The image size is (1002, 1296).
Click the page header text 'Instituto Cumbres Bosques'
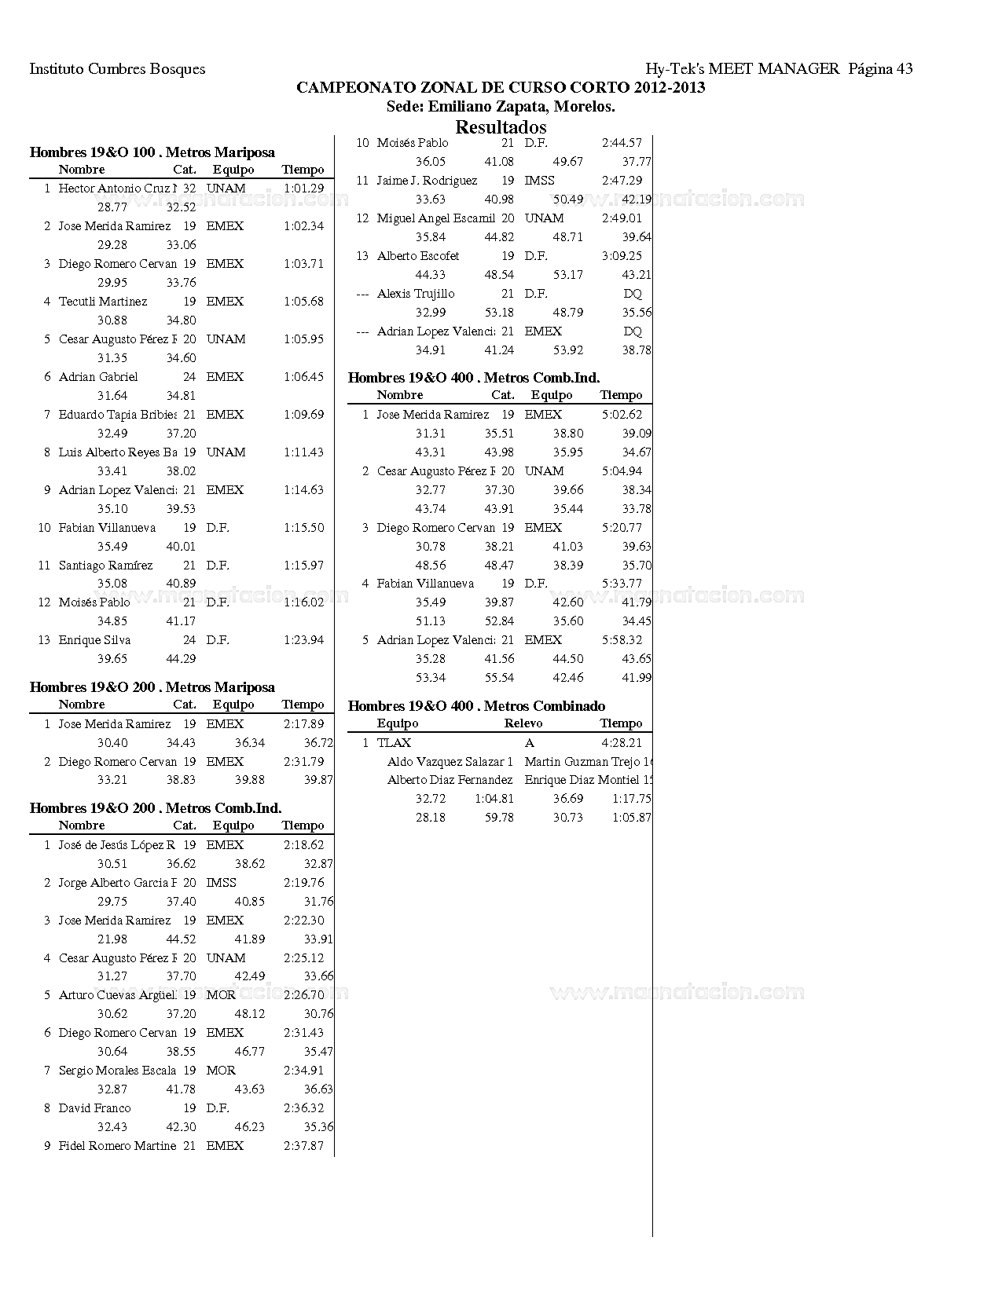117,69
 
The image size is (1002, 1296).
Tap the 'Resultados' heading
501,126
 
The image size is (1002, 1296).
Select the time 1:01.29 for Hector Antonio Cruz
303,189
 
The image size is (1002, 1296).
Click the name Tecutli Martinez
103,302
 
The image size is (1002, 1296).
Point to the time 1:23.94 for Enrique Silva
303,640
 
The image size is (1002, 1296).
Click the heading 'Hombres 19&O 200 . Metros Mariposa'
152,687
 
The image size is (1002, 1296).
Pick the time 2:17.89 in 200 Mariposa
303,724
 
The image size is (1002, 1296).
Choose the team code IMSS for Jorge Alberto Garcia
221,883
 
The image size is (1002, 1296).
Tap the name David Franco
95,1108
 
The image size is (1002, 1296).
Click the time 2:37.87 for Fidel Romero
303,1146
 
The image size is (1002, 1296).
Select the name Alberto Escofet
418,256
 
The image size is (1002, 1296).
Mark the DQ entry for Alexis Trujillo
633,294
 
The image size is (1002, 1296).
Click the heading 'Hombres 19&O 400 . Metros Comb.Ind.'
474,378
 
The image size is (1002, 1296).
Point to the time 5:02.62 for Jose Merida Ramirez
622,415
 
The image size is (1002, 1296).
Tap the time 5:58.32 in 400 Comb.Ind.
622,640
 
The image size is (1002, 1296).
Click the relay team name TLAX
394,743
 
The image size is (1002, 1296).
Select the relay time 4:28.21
622,743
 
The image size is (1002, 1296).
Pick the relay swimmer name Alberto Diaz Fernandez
450,780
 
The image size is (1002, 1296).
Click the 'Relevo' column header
523,723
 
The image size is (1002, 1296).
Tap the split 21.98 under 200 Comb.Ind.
112,939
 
